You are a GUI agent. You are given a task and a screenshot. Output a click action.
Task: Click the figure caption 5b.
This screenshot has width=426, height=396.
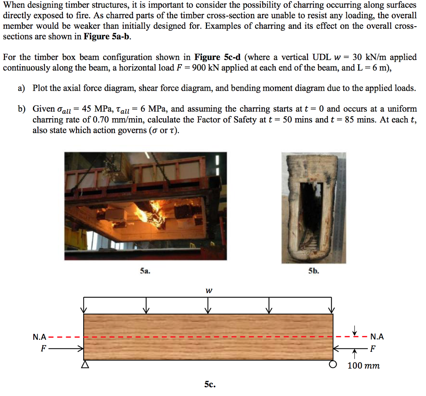coord(314,271)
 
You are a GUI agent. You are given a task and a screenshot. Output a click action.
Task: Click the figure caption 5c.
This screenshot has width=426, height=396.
coord(210,385)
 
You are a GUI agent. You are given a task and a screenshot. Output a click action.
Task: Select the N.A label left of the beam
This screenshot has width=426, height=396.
coord(40,337)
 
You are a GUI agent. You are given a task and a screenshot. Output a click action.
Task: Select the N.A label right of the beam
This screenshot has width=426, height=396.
coord(376,337)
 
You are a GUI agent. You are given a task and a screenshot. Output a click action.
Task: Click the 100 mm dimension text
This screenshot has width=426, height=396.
coord(364,366)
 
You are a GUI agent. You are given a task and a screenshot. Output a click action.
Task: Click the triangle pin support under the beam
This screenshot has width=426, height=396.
coord(85,365)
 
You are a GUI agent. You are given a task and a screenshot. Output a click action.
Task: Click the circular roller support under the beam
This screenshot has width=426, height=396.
coord(332,365)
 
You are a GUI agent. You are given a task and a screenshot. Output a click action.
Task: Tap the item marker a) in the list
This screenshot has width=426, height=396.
coord(21,88)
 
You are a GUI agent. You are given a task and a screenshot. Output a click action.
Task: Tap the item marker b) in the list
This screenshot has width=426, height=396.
coord(21,109)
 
